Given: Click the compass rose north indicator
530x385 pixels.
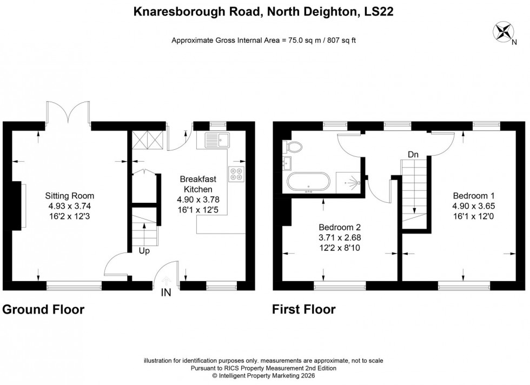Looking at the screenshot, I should (x=502, y=31).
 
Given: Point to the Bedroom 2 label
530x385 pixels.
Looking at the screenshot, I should (x=340, y=236).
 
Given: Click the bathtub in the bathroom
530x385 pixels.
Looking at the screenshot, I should (x=308, y=183).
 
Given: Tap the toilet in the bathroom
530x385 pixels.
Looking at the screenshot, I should (x=294, y=146).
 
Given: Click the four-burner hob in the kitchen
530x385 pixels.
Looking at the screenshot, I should (x=236, y=175).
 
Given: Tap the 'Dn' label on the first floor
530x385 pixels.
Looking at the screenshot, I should (x=413, y=155).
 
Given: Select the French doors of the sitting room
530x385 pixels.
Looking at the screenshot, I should (x=69, y=112).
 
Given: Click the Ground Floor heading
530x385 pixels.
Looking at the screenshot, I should (x=43, y=310).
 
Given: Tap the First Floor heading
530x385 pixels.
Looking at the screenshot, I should (x=303, y=310).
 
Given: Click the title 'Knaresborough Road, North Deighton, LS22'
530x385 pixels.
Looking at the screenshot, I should (x=263, y=11).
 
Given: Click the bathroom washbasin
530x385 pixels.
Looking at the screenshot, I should (x=287, y=162).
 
